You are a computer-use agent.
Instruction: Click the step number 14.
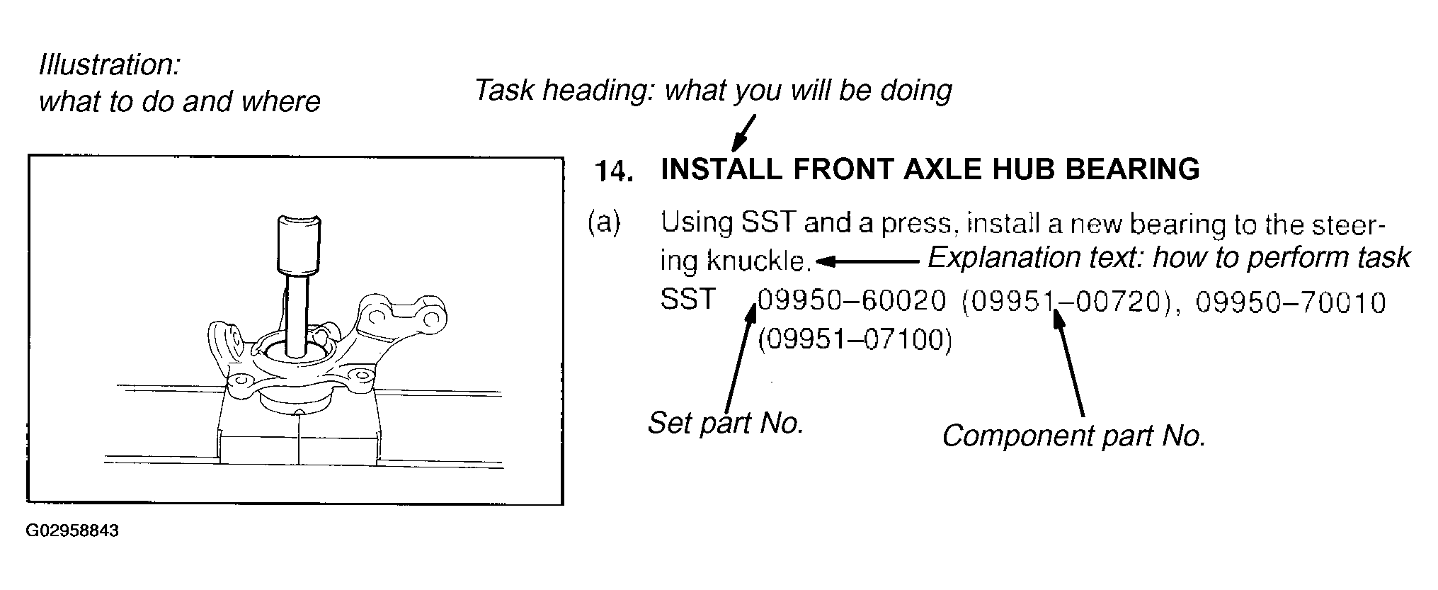[x=613, y=171]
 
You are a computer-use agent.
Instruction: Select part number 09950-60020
[x=852, y=302]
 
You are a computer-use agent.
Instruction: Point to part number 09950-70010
[x=1291, y=303]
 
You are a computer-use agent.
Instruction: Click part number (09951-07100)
[x=855, y=341]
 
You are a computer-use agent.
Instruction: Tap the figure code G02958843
[x=72, y=531]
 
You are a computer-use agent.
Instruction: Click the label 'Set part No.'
[x=726, y=424]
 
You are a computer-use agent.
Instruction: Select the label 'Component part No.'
[x=1073, y=436]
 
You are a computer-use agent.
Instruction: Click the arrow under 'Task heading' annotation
[x=744, y=134]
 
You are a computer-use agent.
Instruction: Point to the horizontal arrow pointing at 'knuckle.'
[x=867, y=262]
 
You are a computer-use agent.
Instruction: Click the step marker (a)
[x=604, y=223]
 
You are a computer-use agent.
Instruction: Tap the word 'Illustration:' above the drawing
[x=110, y=65]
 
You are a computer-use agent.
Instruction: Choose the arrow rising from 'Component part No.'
[x=1068, y=365]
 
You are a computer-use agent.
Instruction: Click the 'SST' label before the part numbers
[x=687, y=300]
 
